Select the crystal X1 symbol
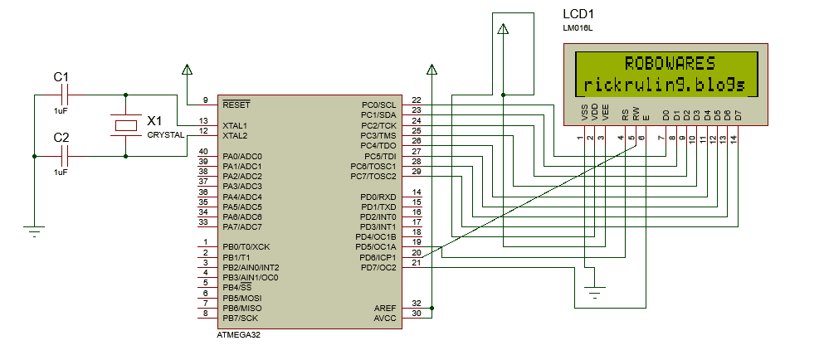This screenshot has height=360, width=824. [125, 125]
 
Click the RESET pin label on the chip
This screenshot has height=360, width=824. [236, 105]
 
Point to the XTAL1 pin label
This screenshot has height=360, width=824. [235, 125]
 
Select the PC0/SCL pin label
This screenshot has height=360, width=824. [379, 105]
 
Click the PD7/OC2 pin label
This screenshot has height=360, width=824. [379, 267]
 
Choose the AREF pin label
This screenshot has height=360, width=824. [385, 307]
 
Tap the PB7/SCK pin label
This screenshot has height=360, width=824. [241, 318]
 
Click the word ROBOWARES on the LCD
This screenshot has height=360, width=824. [669, 64]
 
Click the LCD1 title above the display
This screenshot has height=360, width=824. [578, 15]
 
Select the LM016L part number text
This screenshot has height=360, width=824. [578, 28]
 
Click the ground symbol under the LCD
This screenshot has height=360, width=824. [594, 290]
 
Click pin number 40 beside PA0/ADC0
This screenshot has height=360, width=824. [203, 151]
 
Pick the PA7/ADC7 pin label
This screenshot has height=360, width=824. [242, 226]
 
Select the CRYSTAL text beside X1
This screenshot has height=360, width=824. [166, 134]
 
